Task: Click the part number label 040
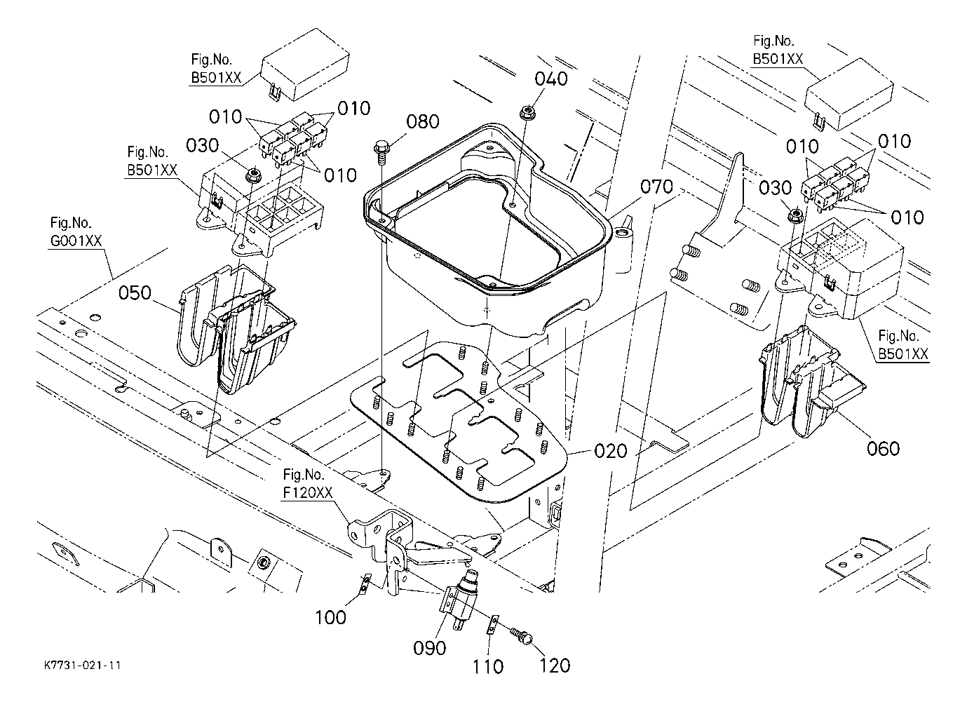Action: click(x=551, y=79)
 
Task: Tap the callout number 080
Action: click(x=423, y=123)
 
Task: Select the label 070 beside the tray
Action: click(x=656, y=187)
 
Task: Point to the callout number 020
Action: click(x=610, y=450)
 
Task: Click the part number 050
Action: click(x=135, y=292)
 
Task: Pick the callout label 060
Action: click(x=883, y=447)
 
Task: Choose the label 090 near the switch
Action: click(x=430, y=647)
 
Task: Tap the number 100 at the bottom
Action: click(x=330, y=617)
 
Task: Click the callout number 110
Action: click(x=487, y=666)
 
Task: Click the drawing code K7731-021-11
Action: click(x=81, y=664)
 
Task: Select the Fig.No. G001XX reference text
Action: click(x=76, y=232)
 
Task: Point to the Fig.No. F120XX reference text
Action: click(x=307, y=483)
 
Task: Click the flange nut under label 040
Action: click(x=525, y=112)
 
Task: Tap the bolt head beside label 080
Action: click(x=381, y=149)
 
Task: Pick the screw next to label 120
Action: click(x=522, y=635)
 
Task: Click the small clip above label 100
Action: click(x=364, y=583)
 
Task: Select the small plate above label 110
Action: click(x=493, y=623)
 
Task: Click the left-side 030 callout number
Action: click(x=202, y=145)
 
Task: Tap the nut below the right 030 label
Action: click(x=795, y=215)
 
